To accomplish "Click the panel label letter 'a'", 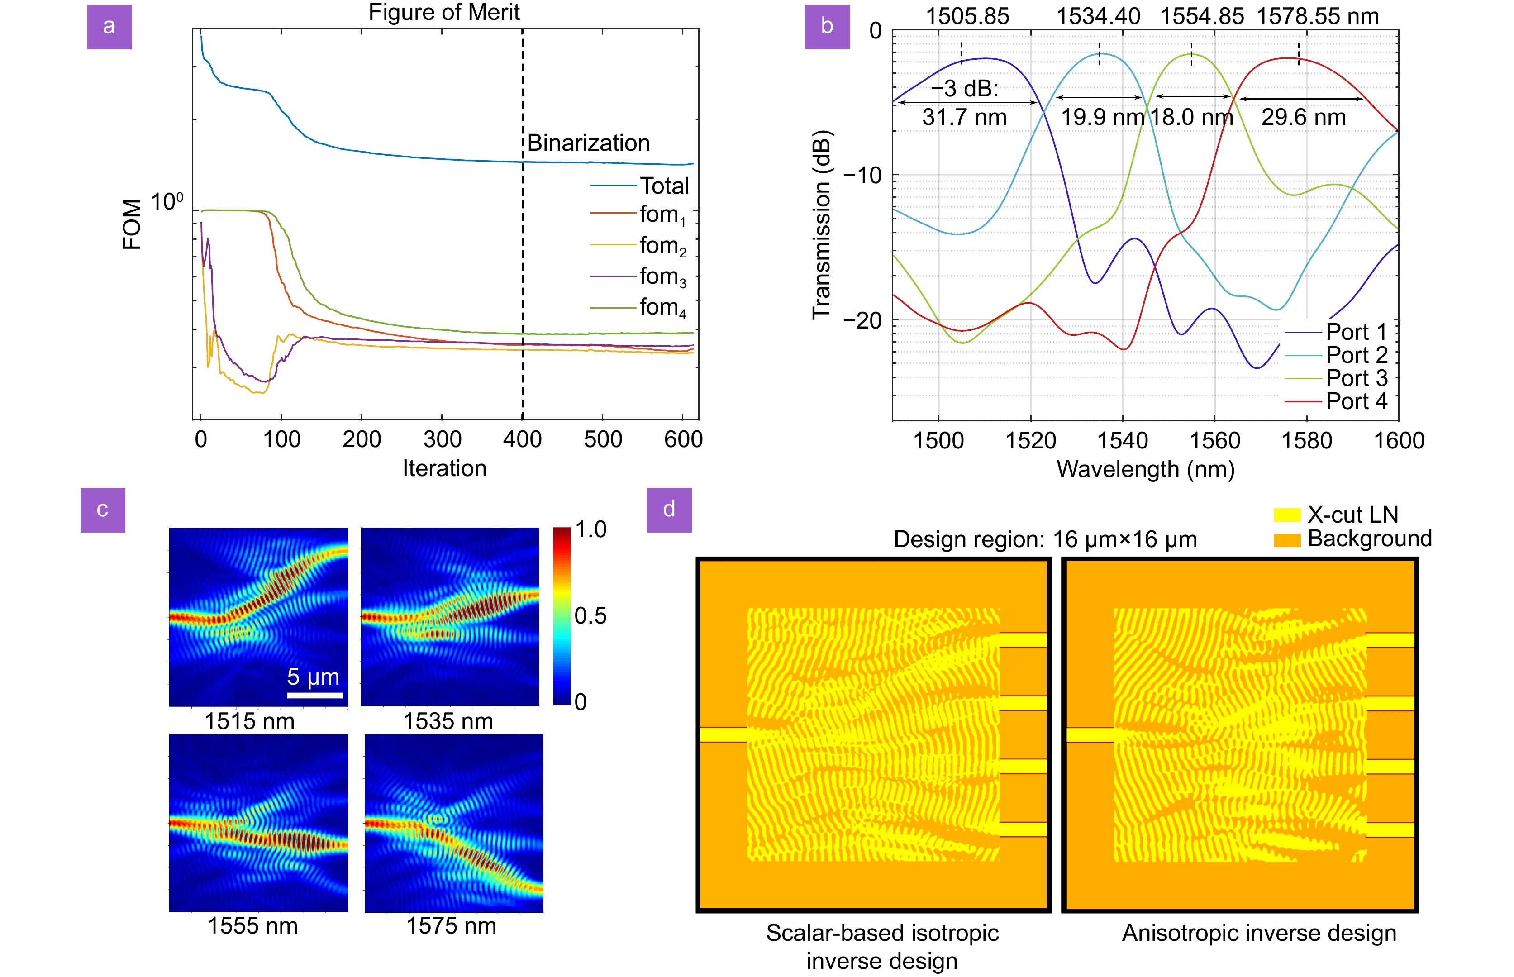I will coord(109,27).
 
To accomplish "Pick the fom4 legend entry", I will coord(662,308).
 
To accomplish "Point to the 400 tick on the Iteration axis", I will coord(522,439).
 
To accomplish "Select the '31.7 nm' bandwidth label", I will coord(964,117).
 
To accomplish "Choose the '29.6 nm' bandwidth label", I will coord(1304,117).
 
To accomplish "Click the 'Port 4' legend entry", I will coord(1356,401).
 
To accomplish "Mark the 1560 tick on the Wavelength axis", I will coord(1214,440).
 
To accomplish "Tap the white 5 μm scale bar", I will coord(314,696).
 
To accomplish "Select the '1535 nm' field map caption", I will coord(448,721).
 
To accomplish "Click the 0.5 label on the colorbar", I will coord(590,615).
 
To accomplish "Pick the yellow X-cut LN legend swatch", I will coord(1287,515).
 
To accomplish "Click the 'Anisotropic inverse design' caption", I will coord(1259,933).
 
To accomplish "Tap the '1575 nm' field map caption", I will coord(451,926).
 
